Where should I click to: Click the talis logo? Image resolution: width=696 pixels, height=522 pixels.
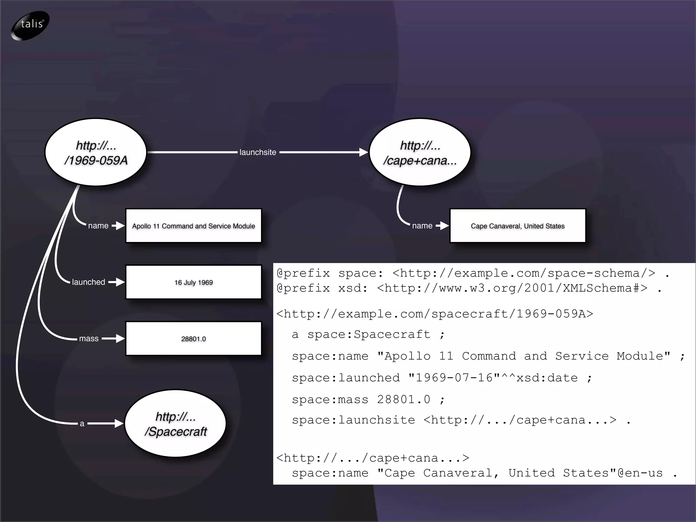click(x=30, y=25)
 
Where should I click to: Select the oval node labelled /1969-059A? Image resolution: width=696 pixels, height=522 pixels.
click(x=96, y=153)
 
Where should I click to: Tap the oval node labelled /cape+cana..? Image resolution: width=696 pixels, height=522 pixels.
click(x=420, y=153)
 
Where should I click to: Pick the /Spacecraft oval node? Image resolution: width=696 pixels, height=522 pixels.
click(x=175, y=424)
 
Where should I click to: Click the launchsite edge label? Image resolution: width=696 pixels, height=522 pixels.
click(x=258, y=153)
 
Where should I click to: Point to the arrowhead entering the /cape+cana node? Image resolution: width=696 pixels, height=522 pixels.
click(x=364, y=153)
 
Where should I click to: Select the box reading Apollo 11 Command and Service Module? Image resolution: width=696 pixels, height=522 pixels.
click(x=193, y=226)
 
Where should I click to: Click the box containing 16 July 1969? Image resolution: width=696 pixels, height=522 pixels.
click(x=193, y=282)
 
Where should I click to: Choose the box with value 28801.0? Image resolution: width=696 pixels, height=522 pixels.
click(x=193, y=339)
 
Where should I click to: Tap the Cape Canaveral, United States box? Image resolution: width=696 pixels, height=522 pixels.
click(x=518, y=226)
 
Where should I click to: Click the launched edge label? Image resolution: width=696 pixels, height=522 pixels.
click(x=88, y=282)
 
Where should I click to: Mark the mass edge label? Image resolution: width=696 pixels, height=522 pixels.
click(x=89, y=338)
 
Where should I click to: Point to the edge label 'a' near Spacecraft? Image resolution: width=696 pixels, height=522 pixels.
click(x=82, y=424)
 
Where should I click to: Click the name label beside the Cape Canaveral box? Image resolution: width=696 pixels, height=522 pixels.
click(x=422, y=226)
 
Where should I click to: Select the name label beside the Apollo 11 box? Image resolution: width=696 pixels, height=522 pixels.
click(x=98, y=226)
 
